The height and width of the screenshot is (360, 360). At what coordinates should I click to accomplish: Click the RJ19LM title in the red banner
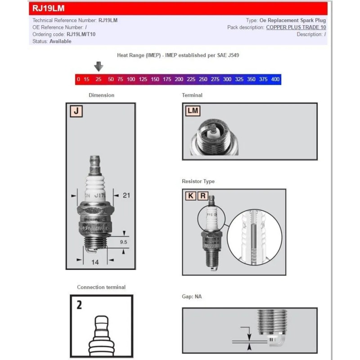click(48, 8)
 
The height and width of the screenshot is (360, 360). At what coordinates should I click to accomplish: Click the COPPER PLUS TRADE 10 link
click(296, 27)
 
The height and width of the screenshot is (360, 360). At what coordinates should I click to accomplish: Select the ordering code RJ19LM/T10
click(81, 34)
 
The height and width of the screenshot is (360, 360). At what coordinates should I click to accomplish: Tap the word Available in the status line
click(60, 41)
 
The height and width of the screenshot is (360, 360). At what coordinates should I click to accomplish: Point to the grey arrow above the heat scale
click(99, 67)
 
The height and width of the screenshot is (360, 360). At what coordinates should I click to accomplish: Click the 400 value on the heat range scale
click(275, 79)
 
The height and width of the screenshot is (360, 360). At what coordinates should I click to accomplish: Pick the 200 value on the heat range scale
click(179, 79)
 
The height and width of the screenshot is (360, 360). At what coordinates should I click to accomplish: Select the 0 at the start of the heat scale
click(78, 79)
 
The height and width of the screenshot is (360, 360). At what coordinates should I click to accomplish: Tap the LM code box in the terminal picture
click(193, 111)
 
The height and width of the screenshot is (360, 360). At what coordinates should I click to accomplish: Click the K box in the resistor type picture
click(191, 196)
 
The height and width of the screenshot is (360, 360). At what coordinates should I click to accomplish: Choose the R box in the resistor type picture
click(203, 196)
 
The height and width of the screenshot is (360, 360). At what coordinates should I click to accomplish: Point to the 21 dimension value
click(126, 195)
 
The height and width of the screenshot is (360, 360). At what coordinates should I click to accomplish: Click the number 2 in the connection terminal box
click(79, 305)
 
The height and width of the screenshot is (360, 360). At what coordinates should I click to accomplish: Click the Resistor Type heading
click(198, 181)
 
